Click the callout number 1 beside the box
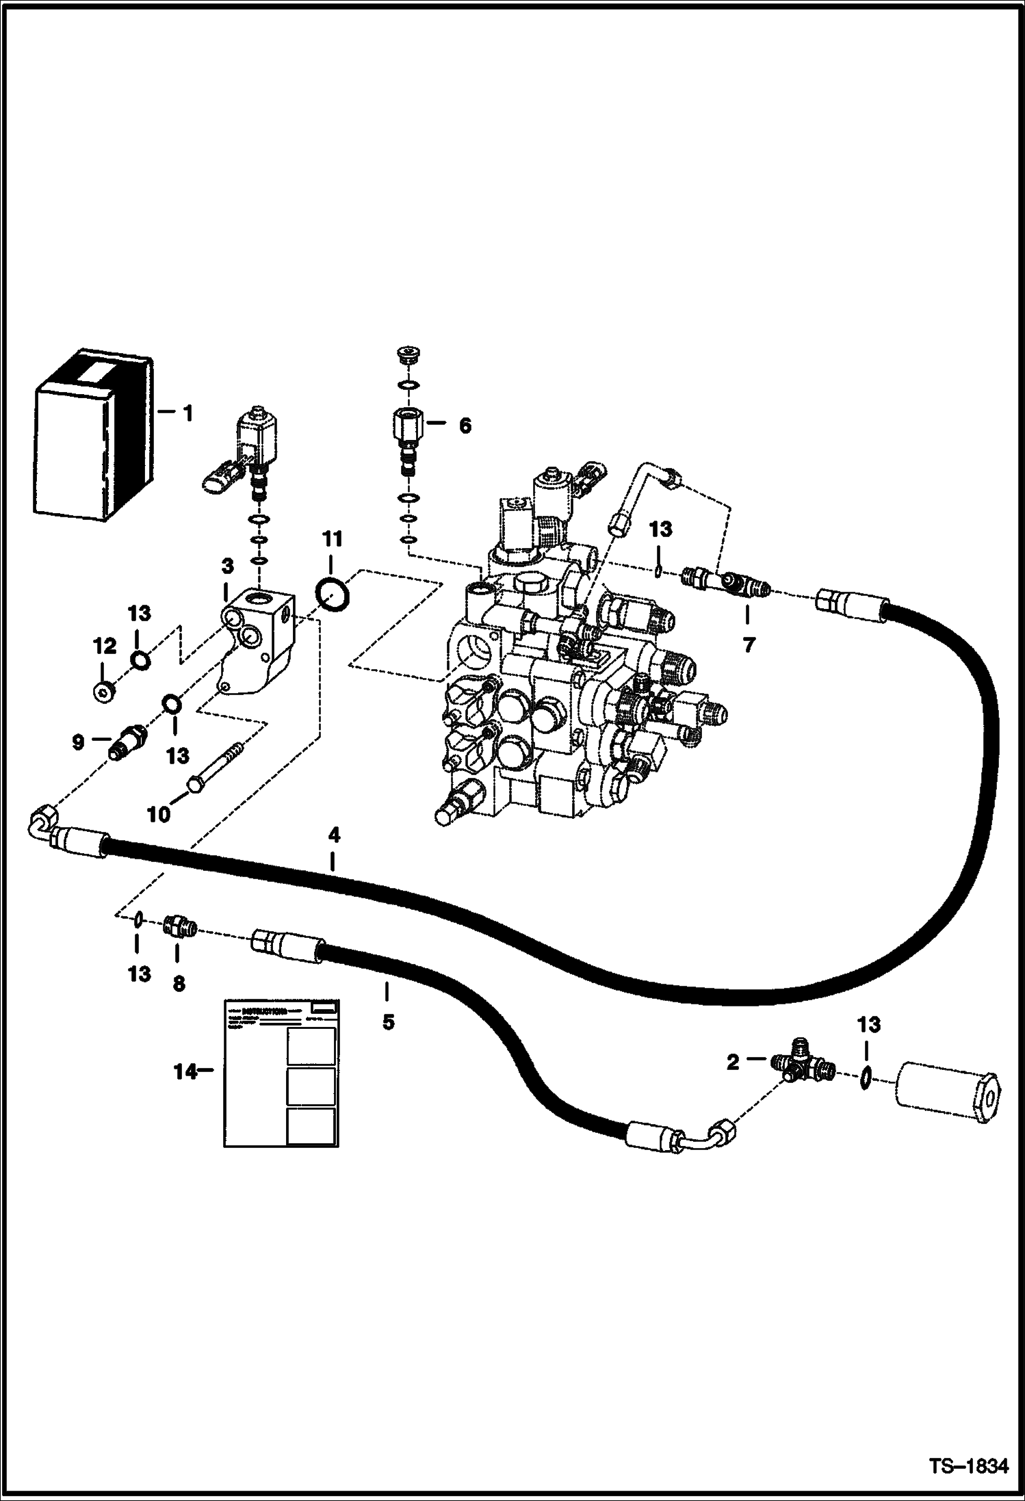187,413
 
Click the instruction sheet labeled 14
281,1072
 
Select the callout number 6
465,426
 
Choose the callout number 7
748,644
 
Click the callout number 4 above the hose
333,835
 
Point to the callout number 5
388,1022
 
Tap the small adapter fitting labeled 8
180,928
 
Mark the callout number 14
184,1072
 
